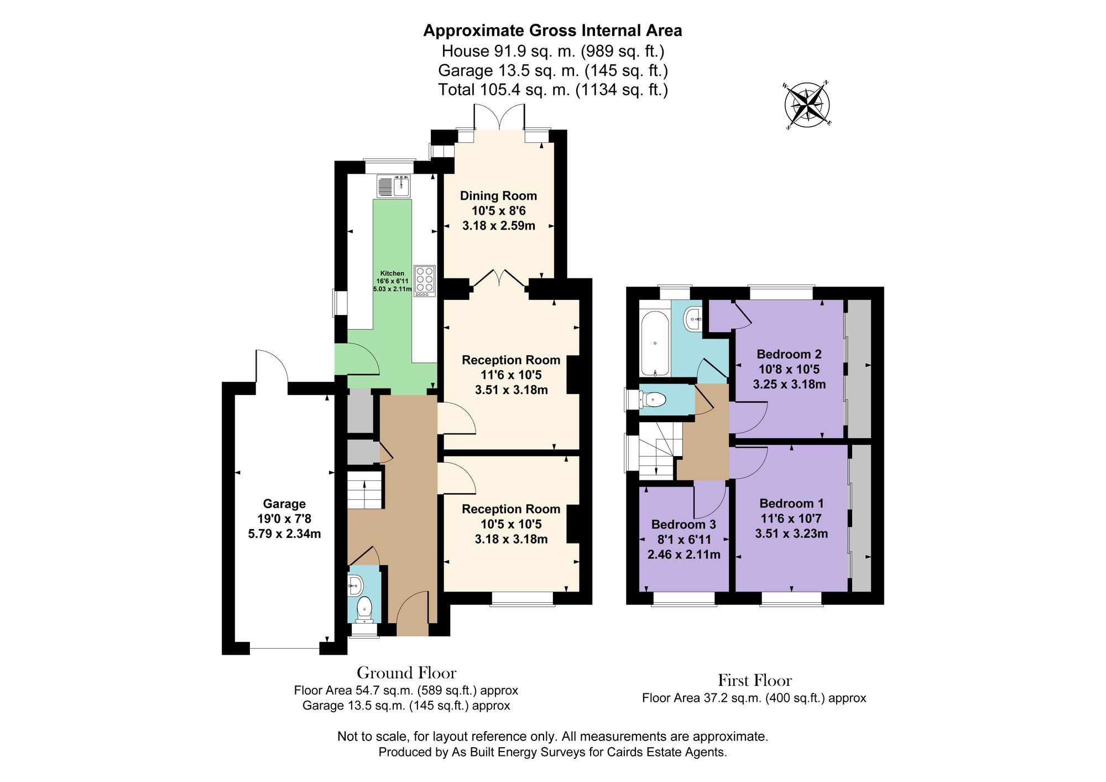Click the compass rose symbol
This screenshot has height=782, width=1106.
[807, 105]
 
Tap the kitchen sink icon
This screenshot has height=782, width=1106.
[393, 186]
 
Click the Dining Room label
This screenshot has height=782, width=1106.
[498, 196]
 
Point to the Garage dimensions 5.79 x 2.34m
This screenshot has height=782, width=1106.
[284, 534]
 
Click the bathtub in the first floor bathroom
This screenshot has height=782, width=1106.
[655, 343]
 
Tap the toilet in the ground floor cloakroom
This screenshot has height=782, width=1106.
[364, 608]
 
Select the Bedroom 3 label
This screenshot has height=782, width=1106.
[684, 524]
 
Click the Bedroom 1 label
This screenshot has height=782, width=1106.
[791, 504]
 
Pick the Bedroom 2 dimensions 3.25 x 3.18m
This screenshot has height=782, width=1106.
[789, 384]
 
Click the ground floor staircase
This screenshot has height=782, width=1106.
[365, 489]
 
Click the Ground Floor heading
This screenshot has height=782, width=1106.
[406, 673]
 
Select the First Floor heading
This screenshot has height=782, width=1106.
[754, 680]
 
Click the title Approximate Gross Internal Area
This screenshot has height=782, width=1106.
[552, 30]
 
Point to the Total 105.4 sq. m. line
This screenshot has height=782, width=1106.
[552, 90]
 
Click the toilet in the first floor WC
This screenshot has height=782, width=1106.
[653, 399]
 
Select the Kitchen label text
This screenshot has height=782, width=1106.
[392, 273]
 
